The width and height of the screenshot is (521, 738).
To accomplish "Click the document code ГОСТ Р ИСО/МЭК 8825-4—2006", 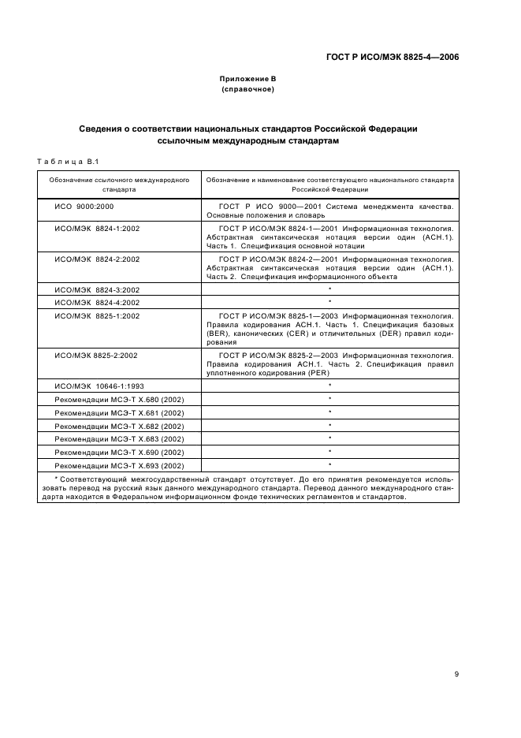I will pyautogui.click(x=393, y=57).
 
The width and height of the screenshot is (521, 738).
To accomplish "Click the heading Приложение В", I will pyautogui.click(x=247, y=79).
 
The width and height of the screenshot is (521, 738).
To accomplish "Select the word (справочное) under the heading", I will pyautogui.click(x=247, y=89).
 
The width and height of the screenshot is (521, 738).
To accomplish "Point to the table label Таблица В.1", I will pyautogui.click(x=67, y=162).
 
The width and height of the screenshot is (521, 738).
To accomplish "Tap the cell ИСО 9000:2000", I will pyautogui.click(x=85, y=205).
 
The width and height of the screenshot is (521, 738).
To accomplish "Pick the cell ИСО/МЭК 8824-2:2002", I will pyautogui.click(x=97, y=259).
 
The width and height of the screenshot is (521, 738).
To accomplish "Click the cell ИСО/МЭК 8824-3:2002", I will pyautogui.click(x=97, y=289).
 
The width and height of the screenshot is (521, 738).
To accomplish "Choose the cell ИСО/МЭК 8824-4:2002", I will pyautogui.click(x=97, y=302).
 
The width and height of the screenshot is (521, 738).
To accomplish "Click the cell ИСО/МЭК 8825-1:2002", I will pyautogui.click(x=97, y=315).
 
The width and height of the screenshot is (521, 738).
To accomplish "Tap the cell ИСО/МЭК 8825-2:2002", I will pyautogui.click(x=96, y=356).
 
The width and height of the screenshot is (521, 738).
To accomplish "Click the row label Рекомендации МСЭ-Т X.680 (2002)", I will pyautogui.click(x=119, y=399).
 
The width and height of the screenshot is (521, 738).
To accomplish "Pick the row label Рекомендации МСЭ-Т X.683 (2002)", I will pyautogui.click(x=119, y=438).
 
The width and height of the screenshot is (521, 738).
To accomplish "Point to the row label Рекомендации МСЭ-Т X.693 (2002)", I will pyautogui.click(x=119, y=465).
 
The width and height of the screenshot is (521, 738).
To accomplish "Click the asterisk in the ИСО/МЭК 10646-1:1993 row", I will pyautogui.click(x=329, y=385).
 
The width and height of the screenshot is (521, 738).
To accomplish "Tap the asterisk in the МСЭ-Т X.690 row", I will pyautogui.click(x=329, y=451).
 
